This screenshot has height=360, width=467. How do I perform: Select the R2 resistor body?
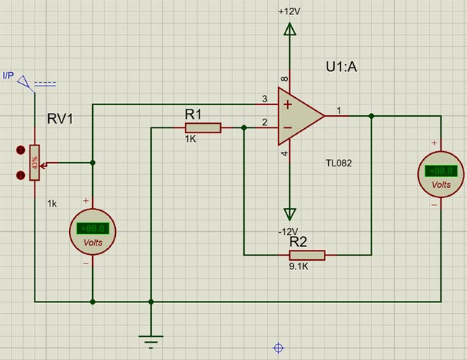click(307, 255)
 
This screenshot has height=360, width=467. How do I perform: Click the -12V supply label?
click(288, 231)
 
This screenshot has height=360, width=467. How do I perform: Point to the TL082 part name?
click(338, 163)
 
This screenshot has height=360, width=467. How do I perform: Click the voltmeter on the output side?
click(439, 173)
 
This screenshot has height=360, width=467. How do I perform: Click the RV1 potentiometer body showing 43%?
click(35, 163)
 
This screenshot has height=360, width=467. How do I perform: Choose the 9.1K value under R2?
click(299, 266)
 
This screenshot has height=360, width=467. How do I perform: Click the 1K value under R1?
click(190, 139)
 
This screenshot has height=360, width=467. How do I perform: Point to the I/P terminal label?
click(8, 75)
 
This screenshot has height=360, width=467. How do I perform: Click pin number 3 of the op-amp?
click(265, 99)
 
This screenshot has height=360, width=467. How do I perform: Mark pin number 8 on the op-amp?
click(284, 79)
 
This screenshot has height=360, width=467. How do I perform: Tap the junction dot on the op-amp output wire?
click(371, 115)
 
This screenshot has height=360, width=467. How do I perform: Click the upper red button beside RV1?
click(20, 150)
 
